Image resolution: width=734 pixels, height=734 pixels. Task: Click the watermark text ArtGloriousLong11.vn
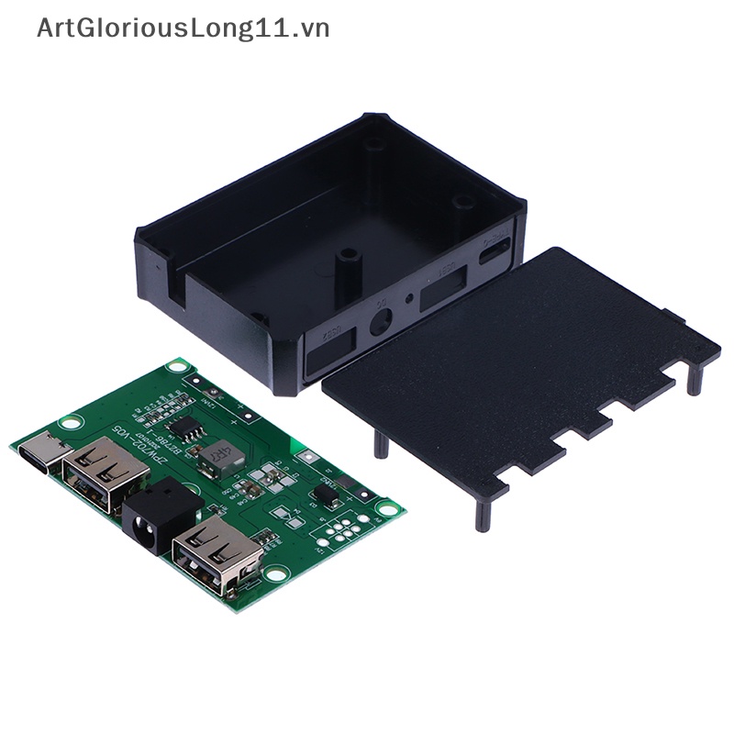(183, 28)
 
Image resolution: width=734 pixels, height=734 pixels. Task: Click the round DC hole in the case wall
(380, 322)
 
